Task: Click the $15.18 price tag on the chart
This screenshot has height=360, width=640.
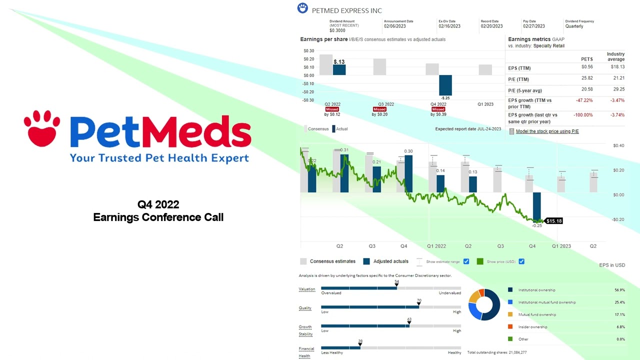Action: (553, 220)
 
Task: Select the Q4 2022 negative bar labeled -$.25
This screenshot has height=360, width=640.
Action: (445, 85)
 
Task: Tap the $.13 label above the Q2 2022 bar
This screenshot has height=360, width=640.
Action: (339, 62)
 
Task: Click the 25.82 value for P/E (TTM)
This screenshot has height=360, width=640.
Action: (586, 79)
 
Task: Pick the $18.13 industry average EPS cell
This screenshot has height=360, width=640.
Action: (616, 67)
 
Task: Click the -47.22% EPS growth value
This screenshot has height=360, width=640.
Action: (584, 100)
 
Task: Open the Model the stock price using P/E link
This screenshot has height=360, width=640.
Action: (547, 131)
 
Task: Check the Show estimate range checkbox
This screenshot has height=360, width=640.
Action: (466, 261)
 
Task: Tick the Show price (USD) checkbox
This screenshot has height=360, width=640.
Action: (521, 261)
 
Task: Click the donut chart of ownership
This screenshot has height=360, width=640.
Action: (484, 304)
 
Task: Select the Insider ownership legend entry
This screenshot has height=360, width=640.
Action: (532, 327)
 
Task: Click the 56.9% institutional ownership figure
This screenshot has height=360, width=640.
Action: (619, 290)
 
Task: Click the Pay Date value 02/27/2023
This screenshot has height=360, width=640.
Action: (534, 26)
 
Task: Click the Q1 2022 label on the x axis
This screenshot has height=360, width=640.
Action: (436, 246)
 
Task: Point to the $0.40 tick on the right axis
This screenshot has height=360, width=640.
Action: (618, 145)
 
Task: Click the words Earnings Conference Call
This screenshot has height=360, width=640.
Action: (158, 217)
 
